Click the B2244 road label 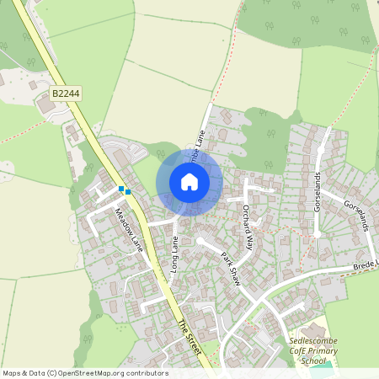65,94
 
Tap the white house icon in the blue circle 189,182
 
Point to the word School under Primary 312,360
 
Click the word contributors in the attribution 146,373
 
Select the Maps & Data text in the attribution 21,373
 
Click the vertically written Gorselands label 318,192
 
